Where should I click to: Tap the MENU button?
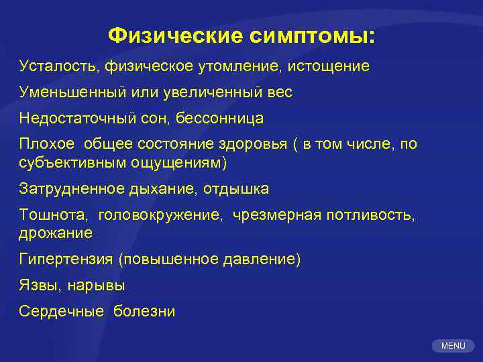tap(453, 346)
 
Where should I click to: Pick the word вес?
tap(279, 93)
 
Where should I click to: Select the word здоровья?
tap(259, 145)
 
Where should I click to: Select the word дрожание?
tap(56, 233)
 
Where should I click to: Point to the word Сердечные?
tap(61, 312)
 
